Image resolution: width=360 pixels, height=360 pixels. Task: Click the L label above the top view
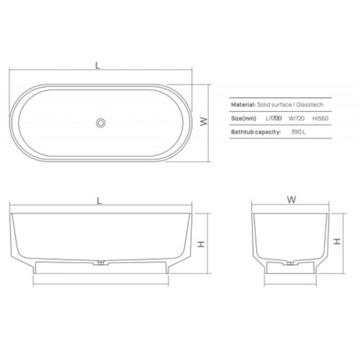(x=98, y=65)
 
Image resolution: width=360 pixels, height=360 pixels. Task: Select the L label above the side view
(x=99, y=202)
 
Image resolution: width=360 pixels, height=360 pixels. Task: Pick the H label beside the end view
(x=336, y=242)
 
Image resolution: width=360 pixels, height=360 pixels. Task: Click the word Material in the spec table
(x=243, y=104)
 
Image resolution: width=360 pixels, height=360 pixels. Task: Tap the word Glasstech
(x=310, y=104)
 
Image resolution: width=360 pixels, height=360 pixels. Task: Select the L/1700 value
(x=274, y=118)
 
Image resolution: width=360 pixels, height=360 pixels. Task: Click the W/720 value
(x=297, y=118)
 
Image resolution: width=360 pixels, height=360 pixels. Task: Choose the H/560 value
(x=320, y=118)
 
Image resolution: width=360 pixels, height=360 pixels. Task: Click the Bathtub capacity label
(x=256, y=132)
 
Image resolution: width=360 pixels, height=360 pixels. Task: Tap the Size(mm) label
(x=243, y=118)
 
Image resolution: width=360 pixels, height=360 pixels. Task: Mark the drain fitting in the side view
(x=101, y=262)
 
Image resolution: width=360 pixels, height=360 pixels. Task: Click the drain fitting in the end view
(x=292, y=263)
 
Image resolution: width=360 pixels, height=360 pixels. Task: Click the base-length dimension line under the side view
(x=101, y=283)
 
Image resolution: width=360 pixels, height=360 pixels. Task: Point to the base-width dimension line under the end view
(x=292, y=283)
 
